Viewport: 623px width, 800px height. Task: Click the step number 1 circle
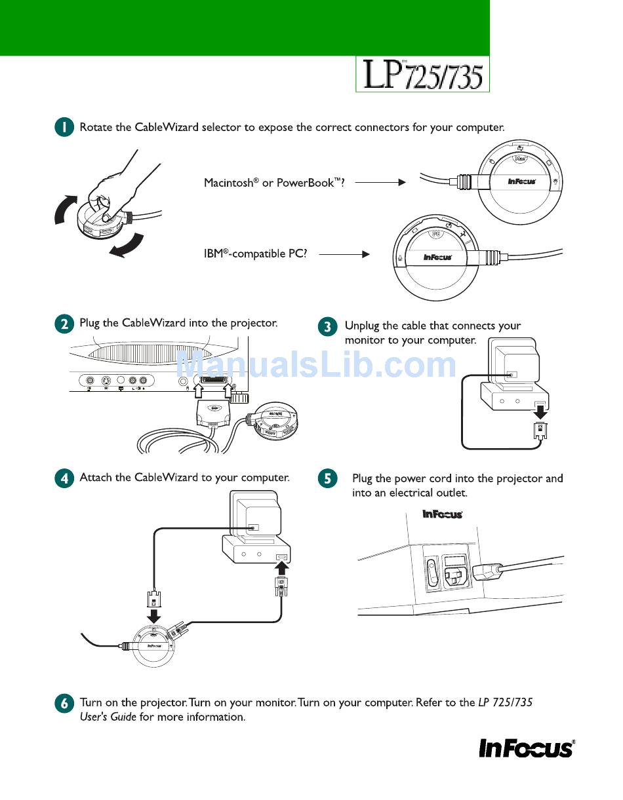[64, 128]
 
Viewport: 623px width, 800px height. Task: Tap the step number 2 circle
[64, 324]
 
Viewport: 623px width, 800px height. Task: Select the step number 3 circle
[327, 326]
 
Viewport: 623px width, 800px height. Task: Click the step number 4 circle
[64, 478]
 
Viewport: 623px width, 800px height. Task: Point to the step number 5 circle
[327, 479]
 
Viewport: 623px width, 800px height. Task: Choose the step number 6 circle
[64, 704]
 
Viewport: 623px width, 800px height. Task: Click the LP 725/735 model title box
[422, 74]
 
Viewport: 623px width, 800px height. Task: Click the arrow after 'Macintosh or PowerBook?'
[381, 183]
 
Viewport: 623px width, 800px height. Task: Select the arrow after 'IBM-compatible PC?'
[344, 254]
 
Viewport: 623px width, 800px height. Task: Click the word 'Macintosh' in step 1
[228, 183]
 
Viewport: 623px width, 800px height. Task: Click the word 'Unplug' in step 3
[362, 326]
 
